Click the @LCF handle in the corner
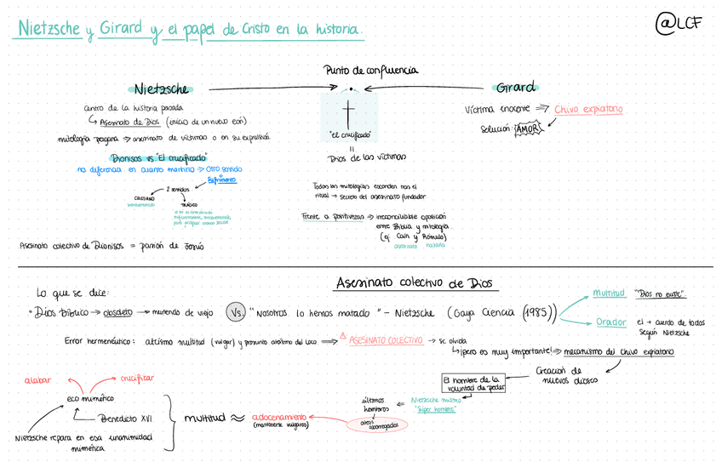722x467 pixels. [679, 25]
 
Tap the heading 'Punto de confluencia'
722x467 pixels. [370, 71]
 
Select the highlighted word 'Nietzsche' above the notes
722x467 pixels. [162, 89]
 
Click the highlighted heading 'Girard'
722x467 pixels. [517, 88]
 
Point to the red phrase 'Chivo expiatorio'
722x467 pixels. [588, 110]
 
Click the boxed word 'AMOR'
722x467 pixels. [528, 129]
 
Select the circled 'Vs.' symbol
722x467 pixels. [236, 312]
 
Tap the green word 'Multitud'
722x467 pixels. [609, 293]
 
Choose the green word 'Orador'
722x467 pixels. [610, 322]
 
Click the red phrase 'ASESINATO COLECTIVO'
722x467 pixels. [386, 340]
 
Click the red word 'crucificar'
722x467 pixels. [136, 378]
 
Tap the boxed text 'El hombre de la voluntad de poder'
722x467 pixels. [473, 383]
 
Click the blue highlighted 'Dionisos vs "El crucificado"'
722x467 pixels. [158, 158]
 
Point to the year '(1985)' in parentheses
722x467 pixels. [537, 312]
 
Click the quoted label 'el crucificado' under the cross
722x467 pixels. [349, 135]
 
